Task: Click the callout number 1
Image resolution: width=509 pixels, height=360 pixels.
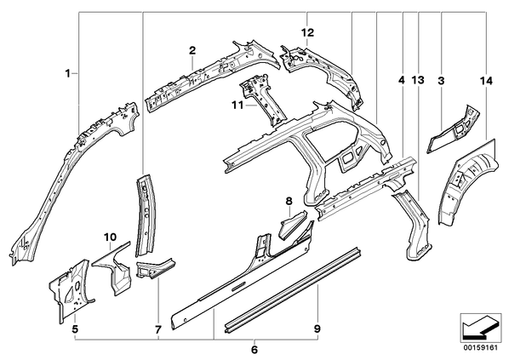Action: [x=67, y=74]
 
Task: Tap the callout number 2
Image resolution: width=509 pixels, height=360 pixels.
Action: [x=192, y=50]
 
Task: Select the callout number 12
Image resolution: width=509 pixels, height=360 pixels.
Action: [x=308, y=32]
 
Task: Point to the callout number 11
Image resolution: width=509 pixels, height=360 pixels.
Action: [x=238, y=106]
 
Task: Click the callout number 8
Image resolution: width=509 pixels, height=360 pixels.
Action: [x=289, y=201]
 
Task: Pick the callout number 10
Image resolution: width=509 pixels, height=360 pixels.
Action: [x=111, y=237]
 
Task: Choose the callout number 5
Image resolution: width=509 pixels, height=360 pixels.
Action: [x=75, y=329]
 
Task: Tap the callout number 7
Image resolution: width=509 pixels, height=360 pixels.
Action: [x=157, y=330]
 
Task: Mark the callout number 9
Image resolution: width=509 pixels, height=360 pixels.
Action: [x=317, y=329]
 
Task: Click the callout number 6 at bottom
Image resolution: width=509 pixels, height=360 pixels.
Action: [x=254, y=350]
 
